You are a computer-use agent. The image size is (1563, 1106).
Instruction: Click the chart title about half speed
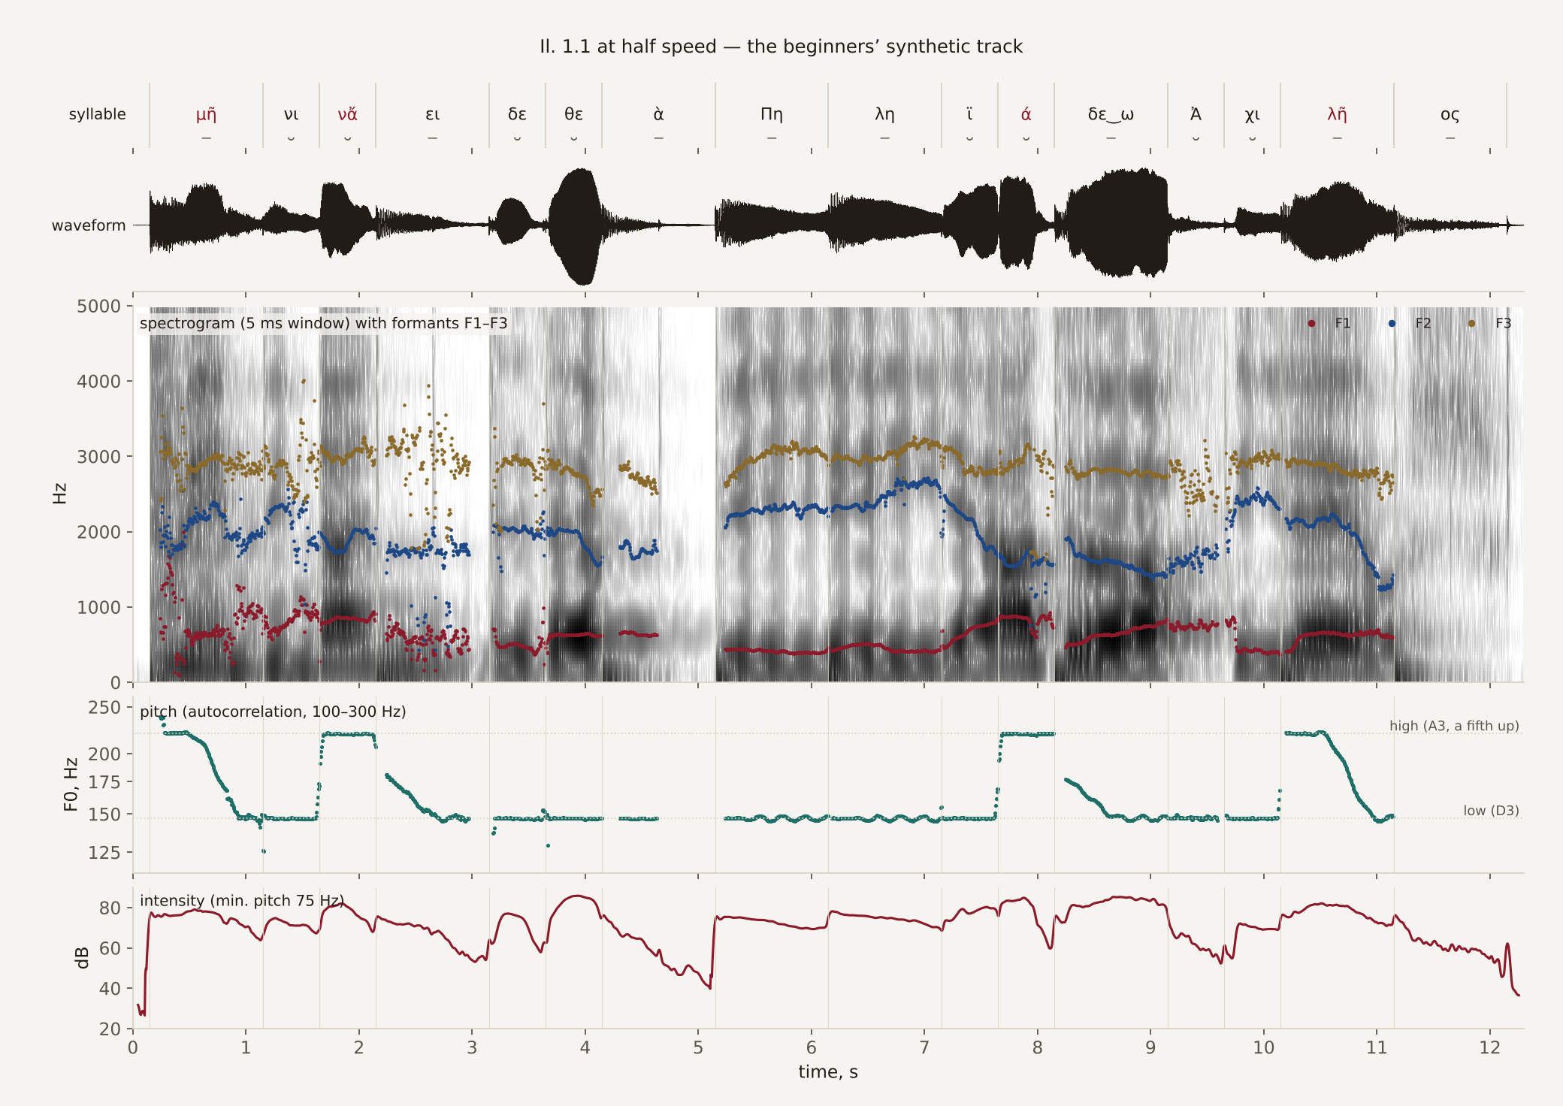[x=781, y=47]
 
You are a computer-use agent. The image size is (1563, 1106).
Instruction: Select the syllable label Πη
[x=772, y=114]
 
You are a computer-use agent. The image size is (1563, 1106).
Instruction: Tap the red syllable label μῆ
[x=206, y=114]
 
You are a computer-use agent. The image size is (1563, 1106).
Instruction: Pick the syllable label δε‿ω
[x=1111, y=114]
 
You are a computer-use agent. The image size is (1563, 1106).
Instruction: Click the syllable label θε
[x=573, y=114]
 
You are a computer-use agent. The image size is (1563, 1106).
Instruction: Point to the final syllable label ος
[x=1450, y=115]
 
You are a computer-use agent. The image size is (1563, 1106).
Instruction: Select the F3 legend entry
[x=1491, y=323]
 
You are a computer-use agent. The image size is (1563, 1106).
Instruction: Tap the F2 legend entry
[x=1411, y=323]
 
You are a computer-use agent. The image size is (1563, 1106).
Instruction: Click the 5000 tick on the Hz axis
[x=98, y=307]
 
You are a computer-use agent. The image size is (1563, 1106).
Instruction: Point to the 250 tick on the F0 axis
[x=104, y=708]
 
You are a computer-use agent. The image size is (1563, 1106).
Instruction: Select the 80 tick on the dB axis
[x=110, y=908]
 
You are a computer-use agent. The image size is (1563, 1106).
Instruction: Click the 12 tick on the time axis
[x=1489, y=1048]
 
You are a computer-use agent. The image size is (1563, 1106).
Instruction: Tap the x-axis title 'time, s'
[x=828, y=1072]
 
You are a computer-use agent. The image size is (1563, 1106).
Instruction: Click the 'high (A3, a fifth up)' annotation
[x=1454, y=726]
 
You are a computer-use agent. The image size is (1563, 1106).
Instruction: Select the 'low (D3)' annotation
[x=1491, y=811]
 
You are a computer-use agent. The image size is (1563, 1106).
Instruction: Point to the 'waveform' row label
[x=89, y=225]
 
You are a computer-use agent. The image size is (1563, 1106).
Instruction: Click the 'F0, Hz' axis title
[x=71, y=784]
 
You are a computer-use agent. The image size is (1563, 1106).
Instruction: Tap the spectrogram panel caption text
[x=324, y=323]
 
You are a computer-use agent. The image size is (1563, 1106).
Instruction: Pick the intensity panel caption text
[x=242, y=900]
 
